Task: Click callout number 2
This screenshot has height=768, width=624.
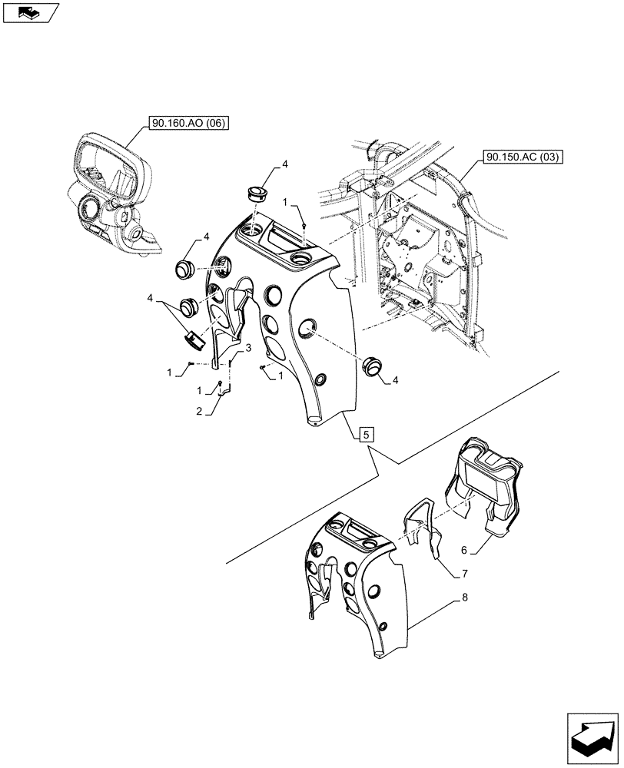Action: (x=198, y=412)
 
